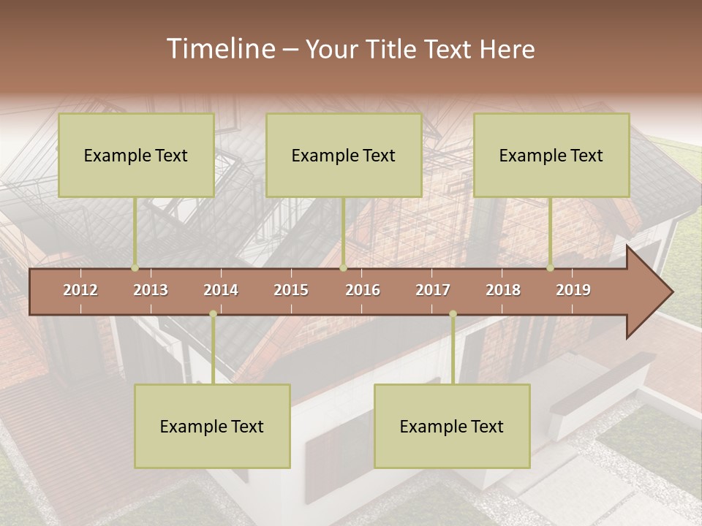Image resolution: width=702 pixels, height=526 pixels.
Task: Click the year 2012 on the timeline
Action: (80, 290)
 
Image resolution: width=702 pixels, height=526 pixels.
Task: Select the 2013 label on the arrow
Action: (151, 290)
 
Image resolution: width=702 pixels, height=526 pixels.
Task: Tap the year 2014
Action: (221, 290)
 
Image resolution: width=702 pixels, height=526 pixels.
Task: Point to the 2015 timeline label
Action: (291, 290)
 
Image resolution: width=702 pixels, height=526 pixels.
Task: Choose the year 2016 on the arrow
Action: (363, 290)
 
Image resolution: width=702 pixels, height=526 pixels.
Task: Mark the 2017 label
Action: (433, 290)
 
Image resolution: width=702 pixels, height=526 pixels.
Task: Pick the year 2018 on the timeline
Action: (503, 290)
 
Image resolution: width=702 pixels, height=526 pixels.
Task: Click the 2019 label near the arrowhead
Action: (573, 290)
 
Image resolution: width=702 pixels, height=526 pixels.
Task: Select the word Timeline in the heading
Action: (220, 49)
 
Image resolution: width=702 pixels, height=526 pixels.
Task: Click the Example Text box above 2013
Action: (136, 155)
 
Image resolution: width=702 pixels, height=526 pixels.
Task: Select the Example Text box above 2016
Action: (344, 155)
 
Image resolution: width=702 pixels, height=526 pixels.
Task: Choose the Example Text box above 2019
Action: (551, 155)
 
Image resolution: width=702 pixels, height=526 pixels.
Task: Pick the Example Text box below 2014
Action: (212, 426)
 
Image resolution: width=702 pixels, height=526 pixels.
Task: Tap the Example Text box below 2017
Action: (452, 426)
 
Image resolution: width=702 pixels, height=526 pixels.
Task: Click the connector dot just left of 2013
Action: (135, 268)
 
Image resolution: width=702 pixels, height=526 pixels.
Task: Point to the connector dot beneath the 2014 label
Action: (213, 314)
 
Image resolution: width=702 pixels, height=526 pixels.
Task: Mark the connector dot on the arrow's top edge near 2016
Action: (343, 268)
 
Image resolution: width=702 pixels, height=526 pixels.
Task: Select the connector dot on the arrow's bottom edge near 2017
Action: (453, 314)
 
